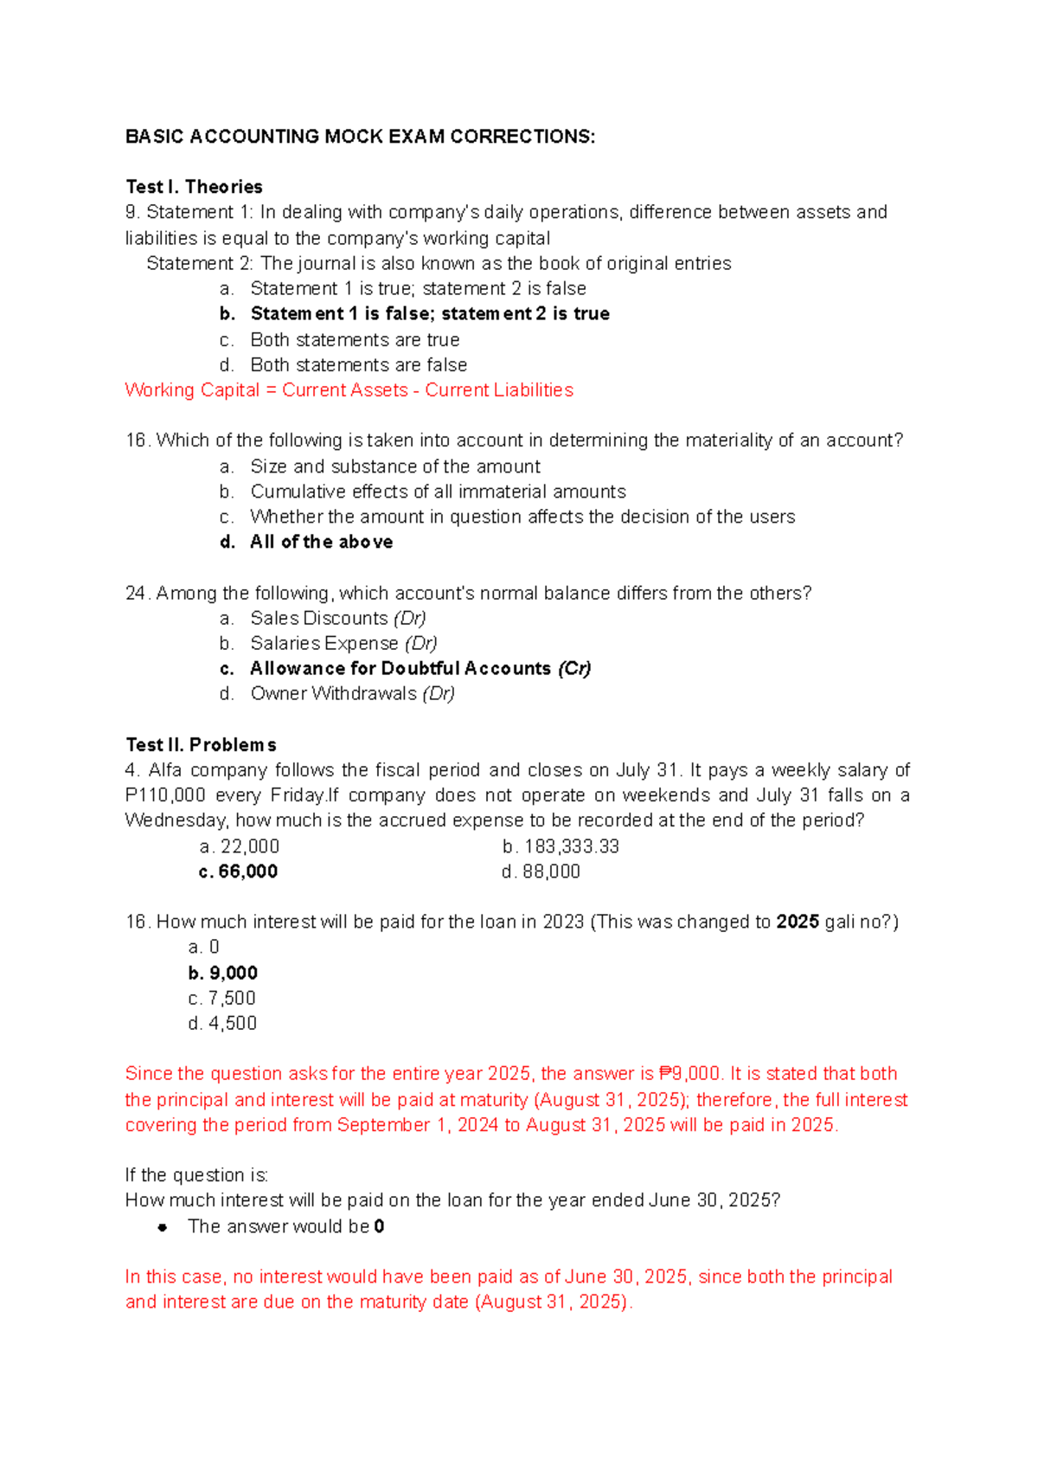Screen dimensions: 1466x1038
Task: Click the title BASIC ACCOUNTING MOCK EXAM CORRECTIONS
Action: click(x=360, y=137)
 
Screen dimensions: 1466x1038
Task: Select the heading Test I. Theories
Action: click(x=194, y=187)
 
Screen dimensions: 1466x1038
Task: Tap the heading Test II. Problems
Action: click(x=201, y=745)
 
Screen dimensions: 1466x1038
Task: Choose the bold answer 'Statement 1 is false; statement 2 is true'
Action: click(x=429, y=313)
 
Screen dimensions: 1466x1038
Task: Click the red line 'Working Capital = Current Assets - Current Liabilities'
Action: click(x=349, y=390)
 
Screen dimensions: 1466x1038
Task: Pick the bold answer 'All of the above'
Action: click(x=321, y=542)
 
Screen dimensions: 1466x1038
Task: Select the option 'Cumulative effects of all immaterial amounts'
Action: click(x=438, y=492)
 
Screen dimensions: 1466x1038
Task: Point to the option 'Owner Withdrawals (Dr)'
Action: click(x=352, y=693)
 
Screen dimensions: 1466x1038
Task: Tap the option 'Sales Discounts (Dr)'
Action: click(x=337, y=618)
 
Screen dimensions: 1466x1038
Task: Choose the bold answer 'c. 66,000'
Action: click(x=239, y=871)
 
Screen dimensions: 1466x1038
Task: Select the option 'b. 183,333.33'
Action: click(x=561, y=846)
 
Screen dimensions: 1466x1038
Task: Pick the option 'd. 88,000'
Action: click(x=541, y=871)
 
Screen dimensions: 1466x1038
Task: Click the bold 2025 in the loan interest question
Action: click(x=798, y=922)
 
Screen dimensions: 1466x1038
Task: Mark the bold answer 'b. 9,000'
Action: click(x=223, y=973)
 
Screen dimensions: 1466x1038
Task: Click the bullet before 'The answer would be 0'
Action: click(x=162, y=1227)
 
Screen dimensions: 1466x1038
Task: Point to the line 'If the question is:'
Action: click(x=196, y=1175)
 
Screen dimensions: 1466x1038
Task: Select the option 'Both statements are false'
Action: click(x=358, y=365)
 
